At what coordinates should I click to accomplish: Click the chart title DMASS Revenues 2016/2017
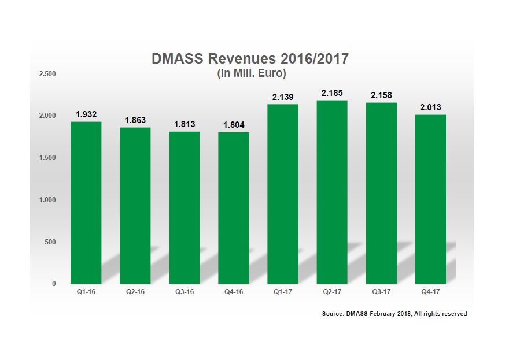pyautogui.click(x=250, y=59)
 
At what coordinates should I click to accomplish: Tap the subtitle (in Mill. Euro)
pyautogui.click(x=252, y=73)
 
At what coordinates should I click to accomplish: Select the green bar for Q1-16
pyautogui.click(x=86, y=202)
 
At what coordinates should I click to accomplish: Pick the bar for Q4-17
pyautogui.click(x=430, y=199)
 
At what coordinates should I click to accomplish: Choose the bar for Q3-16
pyautogui.click(x=184, y=207)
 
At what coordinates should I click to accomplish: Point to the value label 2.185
pyautogui.click(x=332, y=92)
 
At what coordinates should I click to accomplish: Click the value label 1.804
pyautogui.click(x=233, y=124)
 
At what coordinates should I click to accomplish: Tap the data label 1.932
pyautogui.click(x=86, y=114)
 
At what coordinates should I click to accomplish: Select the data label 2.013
pyautogui.click(x=430, y=107)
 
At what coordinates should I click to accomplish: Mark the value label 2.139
pyautogui.click(x=282, y=97)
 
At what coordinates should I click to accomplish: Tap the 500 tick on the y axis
pyautogui.click(x=50, y=242)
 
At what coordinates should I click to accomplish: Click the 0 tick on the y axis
pyautogui.click(x=54, y=284)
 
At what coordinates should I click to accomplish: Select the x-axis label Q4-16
pyautogui.click(x=233, y=292)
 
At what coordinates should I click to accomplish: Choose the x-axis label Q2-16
pyautogui.click(x=135, y=292)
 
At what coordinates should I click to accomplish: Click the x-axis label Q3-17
pyautogui.click(x=381, y=292)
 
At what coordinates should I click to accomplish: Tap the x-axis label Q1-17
pyautogui.click(x=282, y=292)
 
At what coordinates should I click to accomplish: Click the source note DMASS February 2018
pyautogui.click(x=394, y=314)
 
